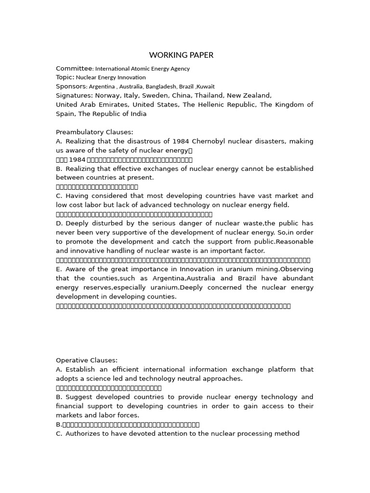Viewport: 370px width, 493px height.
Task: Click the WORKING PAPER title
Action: (181, 55)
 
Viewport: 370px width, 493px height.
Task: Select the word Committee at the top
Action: (73, 68)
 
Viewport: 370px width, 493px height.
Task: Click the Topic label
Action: (65, 77)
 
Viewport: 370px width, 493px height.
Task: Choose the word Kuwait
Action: (205, 87)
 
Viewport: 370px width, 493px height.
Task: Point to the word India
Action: (137, 114)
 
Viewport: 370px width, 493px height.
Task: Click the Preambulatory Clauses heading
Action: (94, 132)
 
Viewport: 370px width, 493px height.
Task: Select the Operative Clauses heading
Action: (87, 360)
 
